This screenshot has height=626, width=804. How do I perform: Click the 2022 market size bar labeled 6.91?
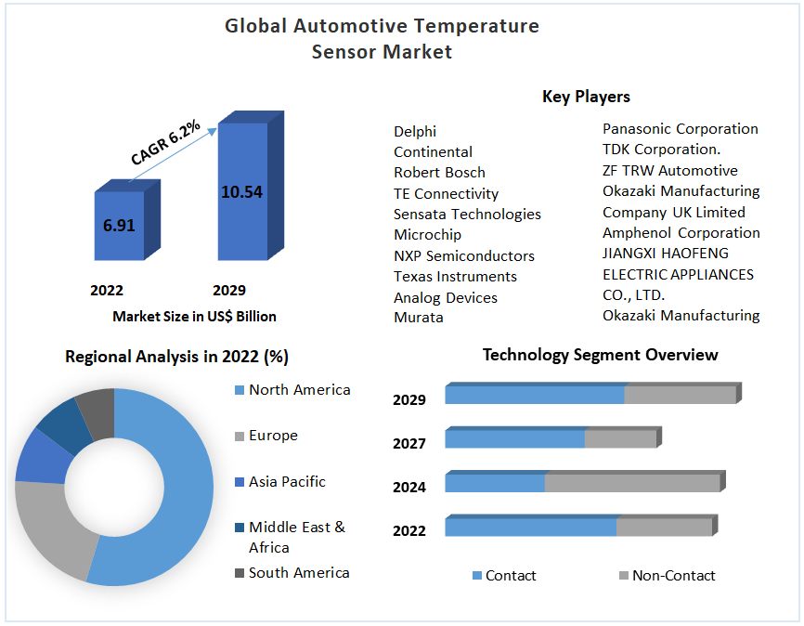pos(118,226)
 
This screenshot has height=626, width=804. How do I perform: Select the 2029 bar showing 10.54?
pos(241,192)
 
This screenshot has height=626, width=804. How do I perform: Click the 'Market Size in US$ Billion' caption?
pos(194,316)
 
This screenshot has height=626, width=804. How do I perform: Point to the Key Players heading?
pos(586,97)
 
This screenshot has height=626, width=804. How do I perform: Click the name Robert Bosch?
pos(439,173)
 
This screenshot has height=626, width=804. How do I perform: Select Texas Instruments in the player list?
pos(455,277)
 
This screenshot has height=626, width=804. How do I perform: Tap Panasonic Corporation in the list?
pos(680,129)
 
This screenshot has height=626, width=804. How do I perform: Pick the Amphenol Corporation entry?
pos(681,233)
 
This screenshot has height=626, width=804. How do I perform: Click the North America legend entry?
pos(299,390)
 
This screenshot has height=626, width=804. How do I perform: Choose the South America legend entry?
pos(298,573)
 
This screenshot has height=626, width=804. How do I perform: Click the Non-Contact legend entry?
pos(673,576)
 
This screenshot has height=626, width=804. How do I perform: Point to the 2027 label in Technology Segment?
pos(409,444)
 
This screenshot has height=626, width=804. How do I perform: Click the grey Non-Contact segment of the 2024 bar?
pos(631,483)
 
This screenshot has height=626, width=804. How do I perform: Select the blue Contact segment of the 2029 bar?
pos(534,395)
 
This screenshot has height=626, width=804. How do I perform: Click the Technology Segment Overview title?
pos(600,355)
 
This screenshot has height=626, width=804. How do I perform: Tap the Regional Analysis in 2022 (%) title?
pos(176,357)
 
